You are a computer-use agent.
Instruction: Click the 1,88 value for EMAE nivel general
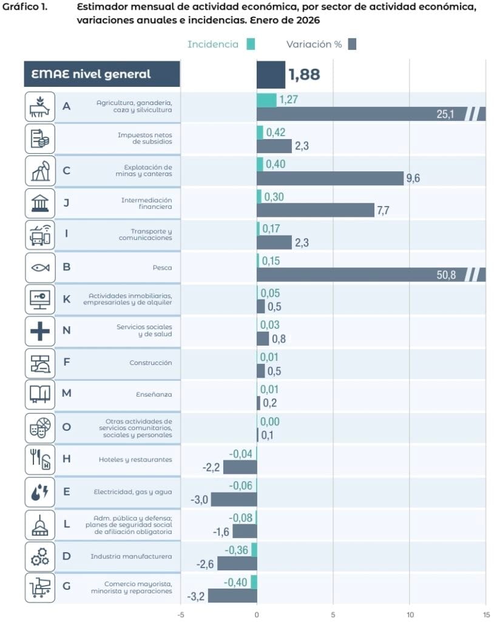[304, 75]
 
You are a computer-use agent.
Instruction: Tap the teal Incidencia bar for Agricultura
[266, 100]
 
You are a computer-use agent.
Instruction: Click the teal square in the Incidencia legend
[251, 44]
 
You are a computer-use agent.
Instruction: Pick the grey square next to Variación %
[352, 44]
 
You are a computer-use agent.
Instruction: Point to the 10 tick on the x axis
[410, 613]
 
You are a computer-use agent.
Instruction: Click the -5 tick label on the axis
[180, 613]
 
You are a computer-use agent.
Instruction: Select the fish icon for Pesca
[40, 267]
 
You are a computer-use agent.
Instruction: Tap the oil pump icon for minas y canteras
[40, 171]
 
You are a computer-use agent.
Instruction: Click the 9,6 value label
[413, 179]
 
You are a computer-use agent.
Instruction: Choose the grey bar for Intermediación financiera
[316, 210]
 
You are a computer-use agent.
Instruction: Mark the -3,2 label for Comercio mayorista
[195, 596]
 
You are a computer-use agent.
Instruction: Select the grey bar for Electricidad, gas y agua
[234, 499]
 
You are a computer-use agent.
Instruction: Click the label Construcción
[151, 363]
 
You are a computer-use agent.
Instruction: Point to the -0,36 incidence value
[237, 550]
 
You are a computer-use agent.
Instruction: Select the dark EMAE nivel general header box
[102, 75]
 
